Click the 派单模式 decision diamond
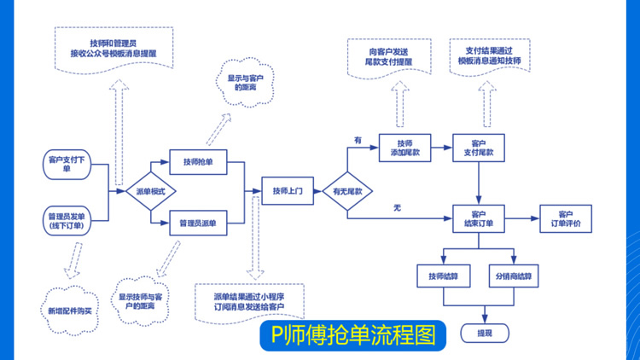point(150,191)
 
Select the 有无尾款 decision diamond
point(347,191)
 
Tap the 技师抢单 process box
point(198,161)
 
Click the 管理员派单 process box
point(198,224)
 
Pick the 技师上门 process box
point(288,190)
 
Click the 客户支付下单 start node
point(67,163)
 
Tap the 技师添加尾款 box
point(404,148)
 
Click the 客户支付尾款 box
point(479,148)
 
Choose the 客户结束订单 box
point(479,218)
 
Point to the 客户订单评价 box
point(565,218)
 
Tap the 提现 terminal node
point(484,332)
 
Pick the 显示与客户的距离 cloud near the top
point(243,83)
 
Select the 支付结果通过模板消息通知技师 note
point(489,57)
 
